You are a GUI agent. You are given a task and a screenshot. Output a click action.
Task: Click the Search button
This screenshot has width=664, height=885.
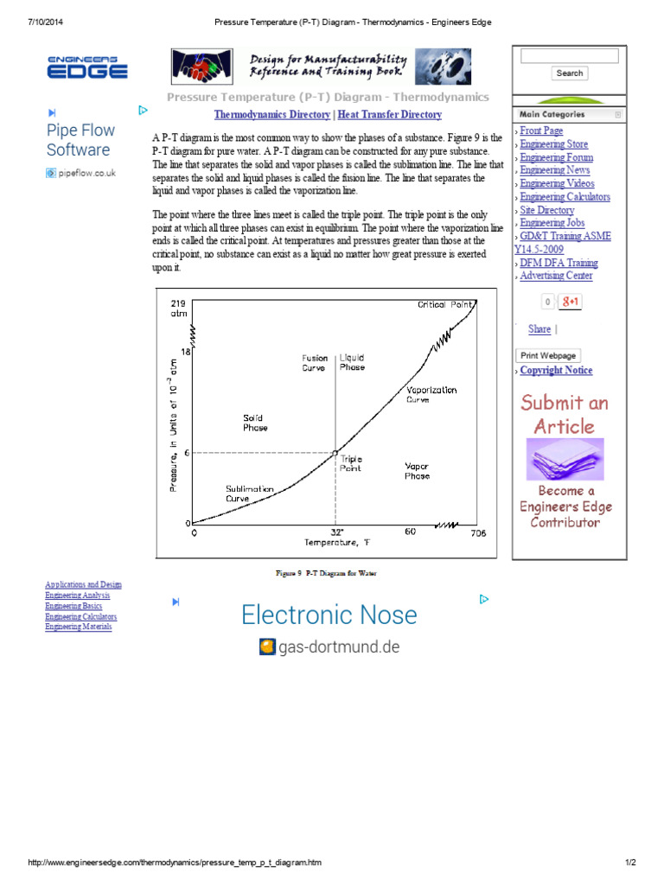(569, 73)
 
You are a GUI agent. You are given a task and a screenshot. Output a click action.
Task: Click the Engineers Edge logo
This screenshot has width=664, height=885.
(87, 67)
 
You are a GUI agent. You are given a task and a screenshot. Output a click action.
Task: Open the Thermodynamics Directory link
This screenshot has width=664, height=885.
(271, 115)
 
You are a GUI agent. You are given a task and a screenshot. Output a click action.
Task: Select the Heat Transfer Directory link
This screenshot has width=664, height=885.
(389, 115)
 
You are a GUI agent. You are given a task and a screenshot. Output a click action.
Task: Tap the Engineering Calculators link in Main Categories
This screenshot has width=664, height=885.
(565, 197)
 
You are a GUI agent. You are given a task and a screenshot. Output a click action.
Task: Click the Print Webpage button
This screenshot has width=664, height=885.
(548, 355)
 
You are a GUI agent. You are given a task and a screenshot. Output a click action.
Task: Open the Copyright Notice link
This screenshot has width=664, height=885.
(556, 371)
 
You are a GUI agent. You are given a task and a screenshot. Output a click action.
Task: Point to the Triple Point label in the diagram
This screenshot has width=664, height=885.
(351, 463)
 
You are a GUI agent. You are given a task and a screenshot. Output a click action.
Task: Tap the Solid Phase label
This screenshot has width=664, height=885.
(255, 423)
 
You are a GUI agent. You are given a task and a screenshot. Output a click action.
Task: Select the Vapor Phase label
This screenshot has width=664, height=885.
(417, 471)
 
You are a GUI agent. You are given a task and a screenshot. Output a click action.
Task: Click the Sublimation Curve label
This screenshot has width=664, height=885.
(250, 493)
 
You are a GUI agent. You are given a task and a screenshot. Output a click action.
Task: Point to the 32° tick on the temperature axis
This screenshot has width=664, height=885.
(336, 532)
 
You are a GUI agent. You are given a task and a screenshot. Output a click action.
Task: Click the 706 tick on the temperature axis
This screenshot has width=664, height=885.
(477, 532)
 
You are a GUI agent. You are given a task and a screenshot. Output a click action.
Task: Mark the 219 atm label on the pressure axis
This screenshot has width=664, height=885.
(178, 309)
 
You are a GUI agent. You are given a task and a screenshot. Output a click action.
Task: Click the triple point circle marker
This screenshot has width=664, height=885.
(335, 452)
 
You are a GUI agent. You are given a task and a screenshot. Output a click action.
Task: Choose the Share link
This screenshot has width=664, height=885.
(539, 329)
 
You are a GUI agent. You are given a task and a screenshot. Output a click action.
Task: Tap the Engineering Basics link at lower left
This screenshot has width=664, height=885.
(73, 606)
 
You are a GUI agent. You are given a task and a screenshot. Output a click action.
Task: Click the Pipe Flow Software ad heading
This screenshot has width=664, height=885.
(80, 140)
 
